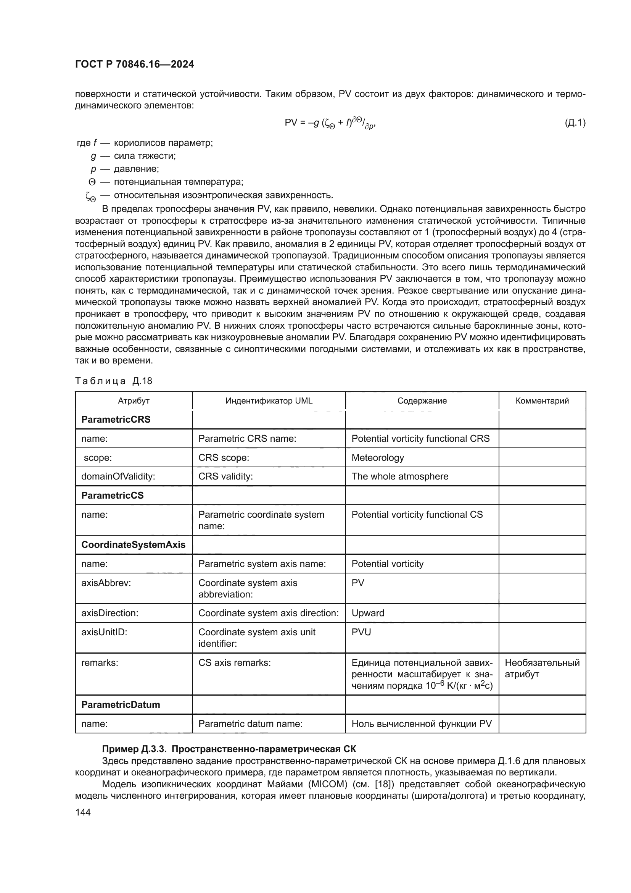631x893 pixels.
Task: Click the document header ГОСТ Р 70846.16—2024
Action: click(x=134, y=65)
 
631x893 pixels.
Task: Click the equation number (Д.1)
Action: click(x=575, y=123)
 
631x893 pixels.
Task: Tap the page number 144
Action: click(x=83, y=812)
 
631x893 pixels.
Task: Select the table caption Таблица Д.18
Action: click(x=113, y=381)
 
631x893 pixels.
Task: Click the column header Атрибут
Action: click(x=134, y=400)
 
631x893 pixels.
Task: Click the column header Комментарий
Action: click(x=542, y=400)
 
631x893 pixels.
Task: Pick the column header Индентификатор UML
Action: click(x=269, y=400)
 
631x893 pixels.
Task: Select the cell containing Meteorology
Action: click(x=378, y=457)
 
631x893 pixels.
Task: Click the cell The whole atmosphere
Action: click(x=400, y=476)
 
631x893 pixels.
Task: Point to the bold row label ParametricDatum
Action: click(x=121, y=705)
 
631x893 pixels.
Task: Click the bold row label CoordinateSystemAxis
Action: click(x=133, y=544)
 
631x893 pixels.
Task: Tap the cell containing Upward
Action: click(x=367, y=613)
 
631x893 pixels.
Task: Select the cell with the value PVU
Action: click(x=361, y=632)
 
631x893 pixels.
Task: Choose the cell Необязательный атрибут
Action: click(x=542, y=668)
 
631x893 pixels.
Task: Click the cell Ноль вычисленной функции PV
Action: click(x=422, y=723)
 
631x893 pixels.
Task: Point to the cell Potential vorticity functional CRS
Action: click(x=420, y=438)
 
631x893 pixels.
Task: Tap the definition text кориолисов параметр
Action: click(x=163, y=143)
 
